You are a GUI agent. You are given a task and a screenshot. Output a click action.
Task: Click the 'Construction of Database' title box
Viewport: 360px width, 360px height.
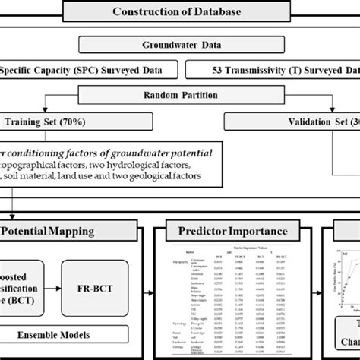(x=180, y=11)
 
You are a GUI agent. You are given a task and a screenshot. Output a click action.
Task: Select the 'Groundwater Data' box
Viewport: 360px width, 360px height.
(x=180, y=44)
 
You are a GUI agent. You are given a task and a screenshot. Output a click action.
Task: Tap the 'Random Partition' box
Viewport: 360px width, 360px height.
(x=180, y=96)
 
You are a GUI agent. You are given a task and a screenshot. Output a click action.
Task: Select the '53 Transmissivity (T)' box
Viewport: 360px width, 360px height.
(x=273, y=71)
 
